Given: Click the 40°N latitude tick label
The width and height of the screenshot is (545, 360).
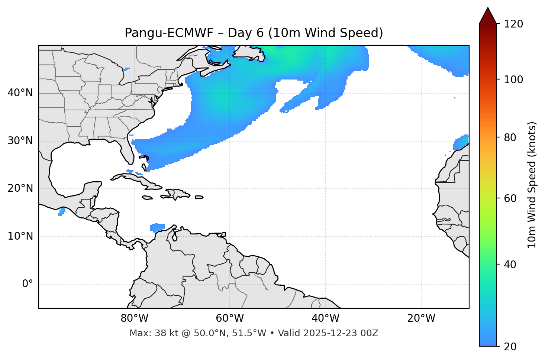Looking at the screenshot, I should [20, 93].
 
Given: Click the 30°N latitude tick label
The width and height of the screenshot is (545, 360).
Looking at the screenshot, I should [20, 141].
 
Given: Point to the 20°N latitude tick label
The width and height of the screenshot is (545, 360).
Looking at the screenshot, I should [20, 188].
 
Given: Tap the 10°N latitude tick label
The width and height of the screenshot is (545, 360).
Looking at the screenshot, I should [20, 236].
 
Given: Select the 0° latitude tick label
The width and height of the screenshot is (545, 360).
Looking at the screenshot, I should [28, 284].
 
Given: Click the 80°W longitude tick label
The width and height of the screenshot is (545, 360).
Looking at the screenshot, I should [134, 318].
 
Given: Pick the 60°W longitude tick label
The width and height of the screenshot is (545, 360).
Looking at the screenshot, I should [230, 318].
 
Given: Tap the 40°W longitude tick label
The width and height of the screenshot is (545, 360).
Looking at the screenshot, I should [325, 318].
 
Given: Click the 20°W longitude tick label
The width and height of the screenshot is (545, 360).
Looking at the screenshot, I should [421, 318].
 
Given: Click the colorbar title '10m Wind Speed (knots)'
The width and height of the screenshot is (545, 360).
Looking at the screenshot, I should [532, 185].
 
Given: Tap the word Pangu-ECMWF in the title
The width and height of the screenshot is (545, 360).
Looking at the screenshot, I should [169, 33].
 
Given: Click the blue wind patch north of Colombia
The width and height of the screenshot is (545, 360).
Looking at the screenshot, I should [157, 227].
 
